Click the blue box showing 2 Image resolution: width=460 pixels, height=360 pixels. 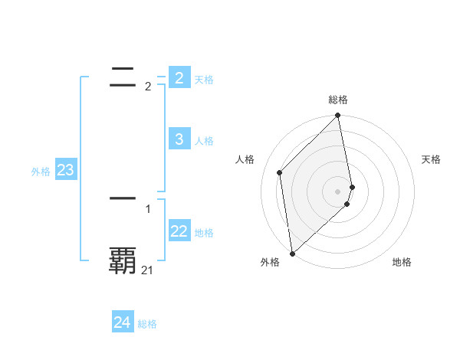(179, 77)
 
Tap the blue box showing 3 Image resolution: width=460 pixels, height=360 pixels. (179, 139)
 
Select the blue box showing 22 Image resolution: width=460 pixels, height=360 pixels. (179, 231)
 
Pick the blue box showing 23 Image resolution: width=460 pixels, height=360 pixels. (65, 170)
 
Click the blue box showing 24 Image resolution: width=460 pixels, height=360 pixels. (122, 322)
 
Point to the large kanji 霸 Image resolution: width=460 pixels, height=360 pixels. (123, 260)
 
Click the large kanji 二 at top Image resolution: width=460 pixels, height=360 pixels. (123, 74)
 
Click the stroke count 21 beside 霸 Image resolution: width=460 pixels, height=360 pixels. (147, 270)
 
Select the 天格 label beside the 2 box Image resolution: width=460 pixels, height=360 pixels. (204, 80)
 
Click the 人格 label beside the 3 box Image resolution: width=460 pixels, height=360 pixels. (204, 141)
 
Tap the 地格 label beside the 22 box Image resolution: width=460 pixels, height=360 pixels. (204, 233)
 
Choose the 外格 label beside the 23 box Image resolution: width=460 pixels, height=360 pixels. (41, 172)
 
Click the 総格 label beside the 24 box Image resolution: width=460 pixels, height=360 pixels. (147, 325)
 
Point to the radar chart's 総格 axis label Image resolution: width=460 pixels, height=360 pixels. (338, 100)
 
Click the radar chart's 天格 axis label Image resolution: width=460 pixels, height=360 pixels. (432, 159)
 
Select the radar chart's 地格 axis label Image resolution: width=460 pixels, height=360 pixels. (402, 262)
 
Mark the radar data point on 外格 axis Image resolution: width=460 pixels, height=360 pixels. (292, 253)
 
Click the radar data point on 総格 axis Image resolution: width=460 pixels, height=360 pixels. (338, 116)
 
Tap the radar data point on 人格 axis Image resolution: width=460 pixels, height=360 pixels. (280, 172)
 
